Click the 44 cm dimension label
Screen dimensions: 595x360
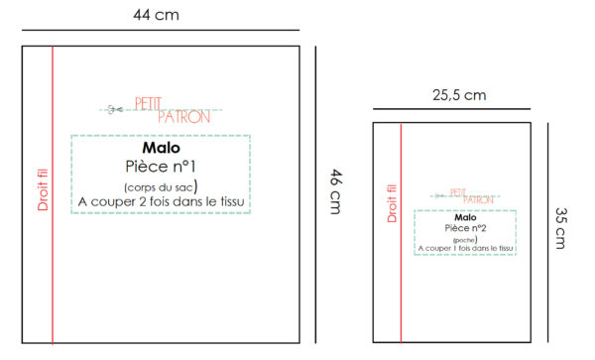(x=156, y=15)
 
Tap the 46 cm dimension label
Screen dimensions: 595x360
(x=336, y=191)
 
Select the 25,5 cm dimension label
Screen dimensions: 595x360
(x=459, y=95)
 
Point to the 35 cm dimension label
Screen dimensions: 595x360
(x=561, y=228)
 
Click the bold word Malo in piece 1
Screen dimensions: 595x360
(x=161, y=148)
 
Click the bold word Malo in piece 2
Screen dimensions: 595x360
(x=465, y=217)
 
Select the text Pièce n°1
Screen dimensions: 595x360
(x=161, y=167)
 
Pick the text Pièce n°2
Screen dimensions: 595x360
(x=465, y=228)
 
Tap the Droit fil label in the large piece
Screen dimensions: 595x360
(x=43, y=189)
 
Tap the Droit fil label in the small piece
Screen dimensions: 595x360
(x=392, y=203)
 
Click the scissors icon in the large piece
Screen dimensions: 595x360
(x=115, y=110)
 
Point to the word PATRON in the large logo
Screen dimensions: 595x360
(x=184, y=117)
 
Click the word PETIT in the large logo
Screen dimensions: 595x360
(x=148, y=103)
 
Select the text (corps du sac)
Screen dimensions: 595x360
(x=161, y=186)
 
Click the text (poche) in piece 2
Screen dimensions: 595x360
(x=465, y=240)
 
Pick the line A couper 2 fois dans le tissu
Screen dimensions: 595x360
(x=161, y=201)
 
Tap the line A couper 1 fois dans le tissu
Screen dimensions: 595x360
(x=465, y=249)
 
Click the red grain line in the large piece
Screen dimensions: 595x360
(x=53, y=195)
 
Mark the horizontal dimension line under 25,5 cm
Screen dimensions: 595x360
(x=451, y=109)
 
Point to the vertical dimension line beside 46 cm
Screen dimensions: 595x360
(x=315, y=195)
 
